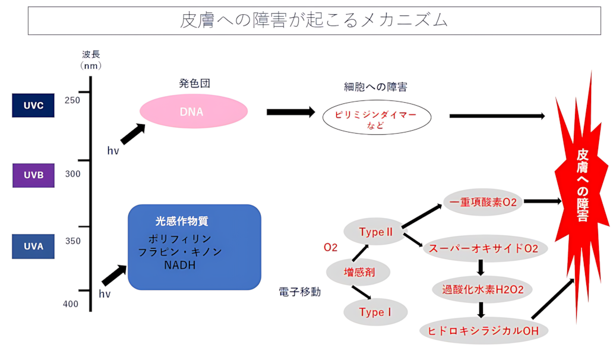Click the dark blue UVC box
[x=33, y=105]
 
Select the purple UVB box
[x=33, y=175]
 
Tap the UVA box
[x=33, y=247]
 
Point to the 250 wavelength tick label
[x=72, y=100]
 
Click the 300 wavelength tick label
[x=72, y=173]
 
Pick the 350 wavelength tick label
[x=72, y=241]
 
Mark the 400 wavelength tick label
[x=71, y=304]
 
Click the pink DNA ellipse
[x=194, y=111]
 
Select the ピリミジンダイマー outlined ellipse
[x=377, y=118]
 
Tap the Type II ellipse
[x=375, y=232]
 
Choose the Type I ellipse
[x=375, y=312]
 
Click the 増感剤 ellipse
[x=358, y=272]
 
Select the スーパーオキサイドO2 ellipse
[x=485, y=248]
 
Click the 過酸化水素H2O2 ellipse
[x=482, y=290]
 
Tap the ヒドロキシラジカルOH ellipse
[x=483, y=331]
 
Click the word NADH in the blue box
[x=180, y=266]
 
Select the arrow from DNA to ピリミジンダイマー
[x=290, y=112]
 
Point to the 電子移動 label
[x=300, y=292]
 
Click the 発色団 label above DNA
[x=194, y=83]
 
